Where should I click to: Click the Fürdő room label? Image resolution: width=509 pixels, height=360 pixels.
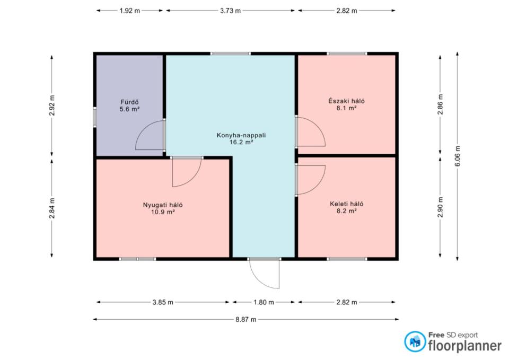(129, 102)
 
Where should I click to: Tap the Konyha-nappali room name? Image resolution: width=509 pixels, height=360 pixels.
(241, 135)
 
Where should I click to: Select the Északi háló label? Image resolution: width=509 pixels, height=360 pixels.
(346, 101)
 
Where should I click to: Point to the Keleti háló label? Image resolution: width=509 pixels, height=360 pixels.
(346, 204)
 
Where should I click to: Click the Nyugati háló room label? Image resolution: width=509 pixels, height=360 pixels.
(163, 205)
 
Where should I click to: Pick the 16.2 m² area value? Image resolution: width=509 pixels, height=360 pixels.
(241, 142)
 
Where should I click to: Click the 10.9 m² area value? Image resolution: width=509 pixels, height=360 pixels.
(163, 212)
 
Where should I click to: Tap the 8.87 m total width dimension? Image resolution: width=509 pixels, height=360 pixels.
(245, 319)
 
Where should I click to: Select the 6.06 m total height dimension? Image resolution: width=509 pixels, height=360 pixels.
(458, 156)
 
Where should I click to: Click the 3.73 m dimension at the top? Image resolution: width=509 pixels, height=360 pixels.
(231, 11)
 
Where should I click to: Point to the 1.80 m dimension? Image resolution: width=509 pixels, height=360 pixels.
(264, 302)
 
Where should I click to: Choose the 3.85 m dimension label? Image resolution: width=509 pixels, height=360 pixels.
(163, 302)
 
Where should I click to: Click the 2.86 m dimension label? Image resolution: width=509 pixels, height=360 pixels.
(440, 104)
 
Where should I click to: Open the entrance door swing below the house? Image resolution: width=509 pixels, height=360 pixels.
(264, 274)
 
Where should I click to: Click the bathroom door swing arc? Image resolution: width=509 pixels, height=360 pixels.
(150, 135)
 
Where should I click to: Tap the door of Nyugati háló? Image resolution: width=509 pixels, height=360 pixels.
(186, 172)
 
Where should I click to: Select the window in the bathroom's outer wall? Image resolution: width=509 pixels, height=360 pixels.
(95, 117)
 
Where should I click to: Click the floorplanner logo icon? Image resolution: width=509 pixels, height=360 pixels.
(415, 341)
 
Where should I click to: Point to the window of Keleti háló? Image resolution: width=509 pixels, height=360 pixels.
(347, 259)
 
